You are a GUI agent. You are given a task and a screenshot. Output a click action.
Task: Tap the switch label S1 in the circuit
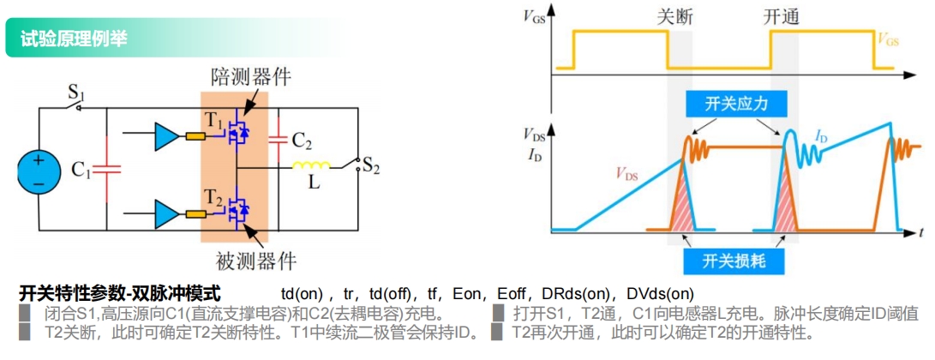point(76,91)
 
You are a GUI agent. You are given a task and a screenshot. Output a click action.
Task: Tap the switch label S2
point(370,166)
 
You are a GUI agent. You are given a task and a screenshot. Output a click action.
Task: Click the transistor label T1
point(212,120)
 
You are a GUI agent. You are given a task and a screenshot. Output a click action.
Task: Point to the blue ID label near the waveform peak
point(822,136)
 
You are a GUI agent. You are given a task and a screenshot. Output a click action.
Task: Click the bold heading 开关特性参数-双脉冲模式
point(119,293)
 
